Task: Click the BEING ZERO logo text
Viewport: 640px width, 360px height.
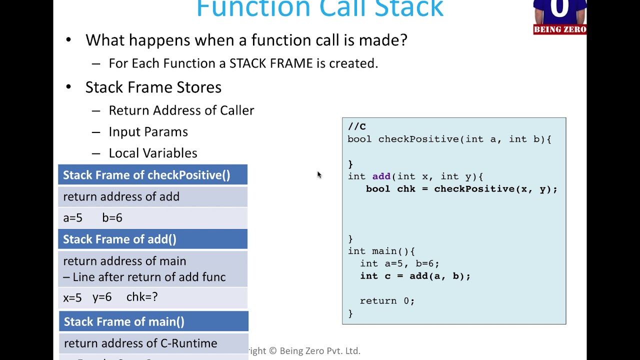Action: pyautogui.click(x=559, y=29)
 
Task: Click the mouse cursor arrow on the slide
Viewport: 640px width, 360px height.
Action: pyautogui.click(x=319, y=174)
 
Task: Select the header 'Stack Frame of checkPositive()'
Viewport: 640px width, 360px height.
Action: pyautogui.click(x=146, y=175)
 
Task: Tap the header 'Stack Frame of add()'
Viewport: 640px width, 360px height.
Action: pyautogui.click(x=119, y=239)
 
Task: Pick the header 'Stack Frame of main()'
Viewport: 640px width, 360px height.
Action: pyautogui.click(x=124, y=322)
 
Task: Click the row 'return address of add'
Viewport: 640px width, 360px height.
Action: pyautogui.click(x=121, y=197)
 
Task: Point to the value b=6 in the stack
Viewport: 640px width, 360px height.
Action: pyautogui.click(x=112, y=218)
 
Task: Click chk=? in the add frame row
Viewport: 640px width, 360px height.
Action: pyautogui.click(x=141, y=297)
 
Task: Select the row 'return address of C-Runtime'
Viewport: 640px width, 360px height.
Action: pyautogui.click(x=140, y=343)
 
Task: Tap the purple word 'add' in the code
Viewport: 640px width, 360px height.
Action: pyautogui.click(x=381, y=176)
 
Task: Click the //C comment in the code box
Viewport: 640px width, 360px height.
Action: pyautogui.click(x=356, y=126)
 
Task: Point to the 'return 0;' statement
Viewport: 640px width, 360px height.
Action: pyautogui.click(x=387, y=301)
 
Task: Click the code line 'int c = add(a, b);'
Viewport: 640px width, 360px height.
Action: pyautogui.click(x=415, y=276)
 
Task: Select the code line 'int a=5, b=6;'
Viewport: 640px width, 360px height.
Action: pyautogui.click(x=399, y=263)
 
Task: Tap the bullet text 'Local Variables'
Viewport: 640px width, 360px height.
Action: pyautogui.click(x=152, y=153)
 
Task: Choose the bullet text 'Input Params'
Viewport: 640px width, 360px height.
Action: pyautogui.click(x=148, y=132)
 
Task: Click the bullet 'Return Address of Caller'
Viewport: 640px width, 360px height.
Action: pyautogui.click(x=181, y=110)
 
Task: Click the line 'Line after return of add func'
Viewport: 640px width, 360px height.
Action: pyautogui.click(x=149, y=277)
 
